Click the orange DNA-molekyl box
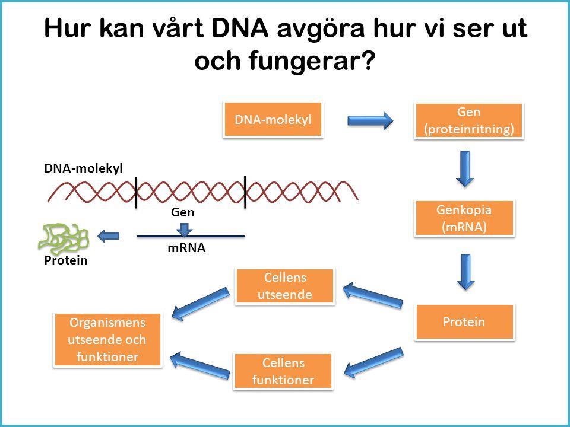point(273,119)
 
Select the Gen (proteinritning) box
point(468,121)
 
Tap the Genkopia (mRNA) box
point(464,218)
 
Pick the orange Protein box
point(464,321)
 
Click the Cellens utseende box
point(284,286)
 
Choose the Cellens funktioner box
point(283,371)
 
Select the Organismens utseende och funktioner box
point(107,340)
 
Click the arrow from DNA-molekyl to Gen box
point(370,120)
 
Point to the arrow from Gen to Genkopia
point(465,169)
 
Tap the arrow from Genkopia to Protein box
point(465,272)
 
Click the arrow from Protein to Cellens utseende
point(373,295)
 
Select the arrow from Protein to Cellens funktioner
point(373,362)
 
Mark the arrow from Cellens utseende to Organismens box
point(201,304)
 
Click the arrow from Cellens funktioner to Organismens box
point(200,365)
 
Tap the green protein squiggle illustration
point(64,238)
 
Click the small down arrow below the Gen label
point(185,229)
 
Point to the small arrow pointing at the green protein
point(108,236)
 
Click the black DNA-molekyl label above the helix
point(83,168)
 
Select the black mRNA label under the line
point(186,248)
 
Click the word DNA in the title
point(240,28)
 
